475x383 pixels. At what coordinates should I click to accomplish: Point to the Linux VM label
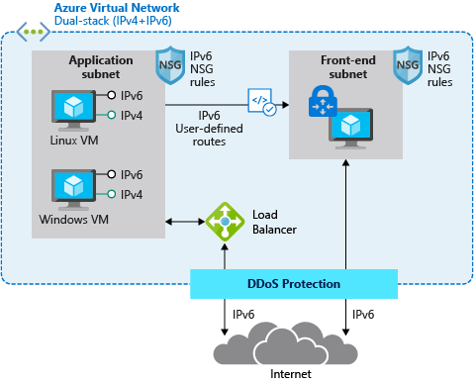point(73,138)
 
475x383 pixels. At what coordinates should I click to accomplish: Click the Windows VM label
point(73,219)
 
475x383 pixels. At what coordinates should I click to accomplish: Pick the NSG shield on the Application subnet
point(169,66)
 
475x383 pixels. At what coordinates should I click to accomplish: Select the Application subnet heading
point(101,67)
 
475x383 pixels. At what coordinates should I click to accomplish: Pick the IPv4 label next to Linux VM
point(132,116)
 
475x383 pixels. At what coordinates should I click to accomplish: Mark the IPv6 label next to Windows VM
point(132,174)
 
